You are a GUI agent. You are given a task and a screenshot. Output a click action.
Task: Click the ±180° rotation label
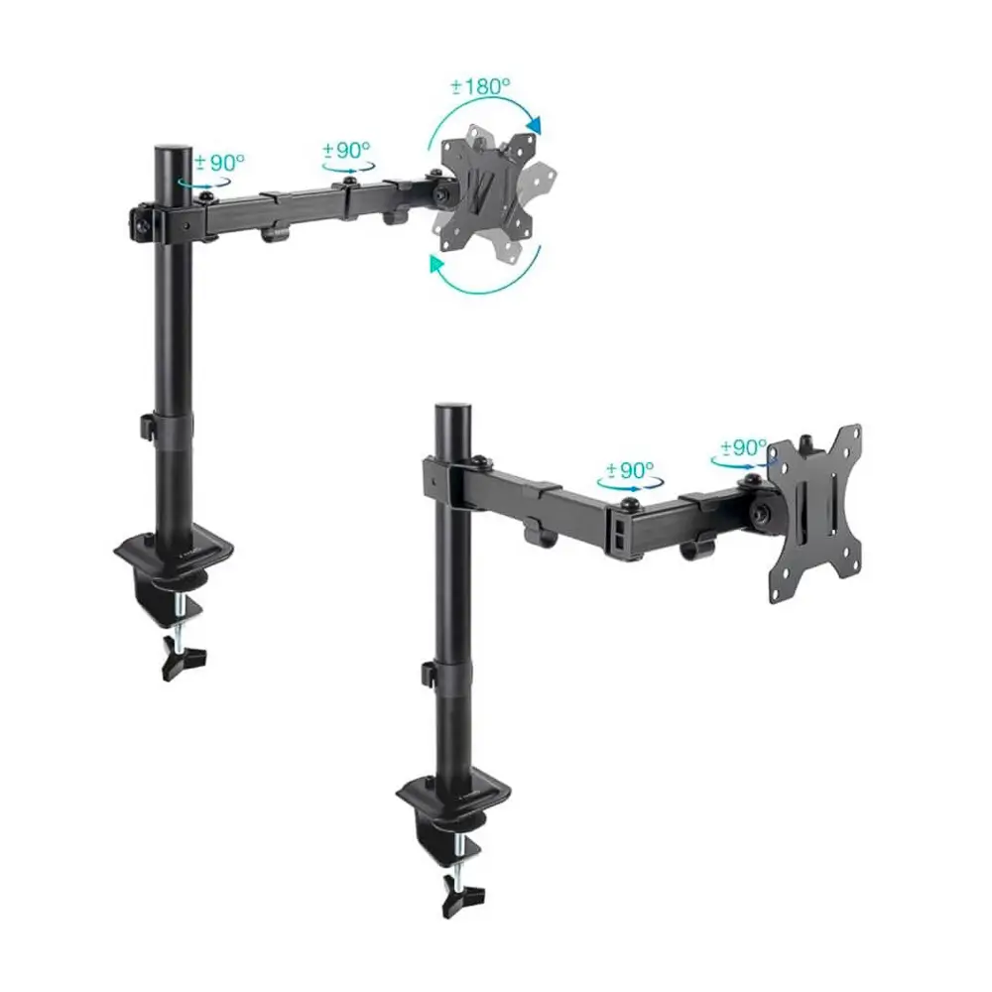[x=480, y=85]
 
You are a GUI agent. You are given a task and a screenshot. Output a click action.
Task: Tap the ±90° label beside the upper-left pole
[x=219, y=162]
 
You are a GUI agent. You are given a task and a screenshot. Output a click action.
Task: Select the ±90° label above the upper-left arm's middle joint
[x=346, y=150]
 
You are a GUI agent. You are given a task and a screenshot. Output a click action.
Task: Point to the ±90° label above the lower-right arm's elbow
[x=630, y=470]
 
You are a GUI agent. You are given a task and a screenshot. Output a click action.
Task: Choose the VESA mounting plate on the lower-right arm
[x=814, y=513]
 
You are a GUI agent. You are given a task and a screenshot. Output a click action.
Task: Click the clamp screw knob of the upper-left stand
[x=185, y=657]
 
